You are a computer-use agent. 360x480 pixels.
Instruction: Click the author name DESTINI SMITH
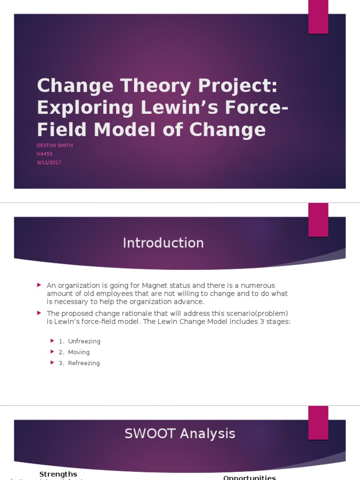55,145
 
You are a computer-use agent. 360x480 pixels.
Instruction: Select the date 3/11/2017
49,162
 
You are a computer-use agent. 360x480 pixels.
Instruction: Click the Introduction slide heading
163,243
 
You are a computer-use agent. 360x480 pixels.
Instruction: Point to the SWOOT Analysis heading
180,434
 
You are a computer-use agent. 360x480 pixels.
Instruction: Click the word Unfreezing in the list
84,341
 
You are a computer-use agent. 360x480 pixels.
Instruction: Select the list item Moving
79,352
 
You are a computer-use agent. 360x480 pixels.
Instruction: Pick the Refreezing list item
84,363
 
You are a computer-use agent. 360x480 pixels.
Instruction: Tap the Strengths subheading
58,474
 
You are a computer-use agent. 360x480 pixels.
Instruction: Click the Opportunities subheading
249,478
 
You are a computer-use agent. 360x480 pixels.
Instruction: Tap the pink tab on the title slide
318,17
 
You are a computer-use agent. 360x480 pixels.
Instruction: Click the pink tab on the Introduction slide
318,219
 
